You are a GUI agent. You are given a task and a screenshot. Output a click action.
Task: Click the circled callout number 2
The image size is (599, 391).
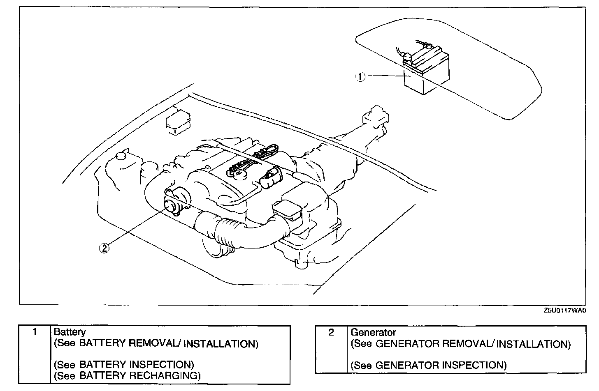[x=104, y=248]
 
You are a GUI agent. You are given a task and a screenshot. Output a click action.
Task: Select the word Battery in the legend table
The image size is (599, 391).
[x=70, y=332]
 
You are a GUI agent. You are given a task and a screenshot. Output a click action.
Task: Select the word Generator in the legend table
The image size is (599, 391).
[x=373, y=332]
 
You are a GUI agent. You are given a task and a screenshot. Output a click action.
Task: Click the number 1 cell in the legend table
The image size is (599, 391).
[x=35, y=332]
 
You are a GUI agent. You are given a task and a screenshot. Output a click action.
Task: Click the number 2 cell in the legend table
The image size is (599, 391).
[x=331, y=332]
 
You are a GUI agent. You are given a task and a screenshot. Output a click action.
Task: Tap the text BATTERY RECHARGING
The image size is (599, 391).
[x=139, y=375]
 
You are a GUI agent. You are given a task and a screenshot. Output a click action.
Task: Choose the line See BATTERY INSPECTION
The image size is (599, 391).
[x=124, y=364]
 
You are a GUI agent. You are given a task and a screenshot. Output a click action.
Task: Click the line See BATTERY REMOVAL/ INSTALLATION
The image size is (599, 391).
[x=156, y=343]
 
